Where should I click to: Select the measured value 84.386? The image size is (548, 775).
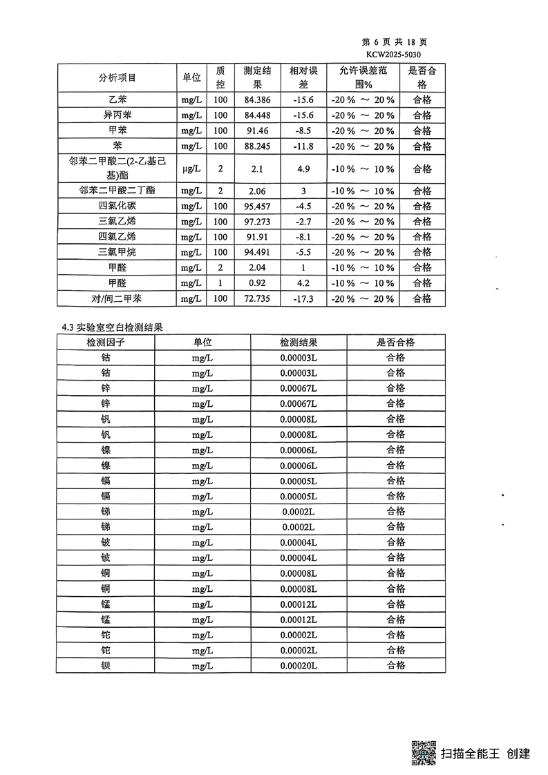click(257, 99)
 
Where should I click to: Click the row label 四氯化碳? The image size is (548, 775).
click(117, 206)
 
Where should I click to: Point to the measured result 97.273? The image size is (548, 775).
click(257, 221)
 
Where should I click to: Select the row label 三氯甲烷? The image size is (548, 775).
click(117, 252)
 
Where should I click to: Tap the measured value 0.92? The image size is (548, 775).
click(257, 283)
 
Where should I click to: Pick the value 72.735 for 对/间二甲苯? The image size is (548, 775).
click(257, 298)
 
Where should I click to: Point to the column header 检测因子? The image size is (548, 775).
click(105, 342)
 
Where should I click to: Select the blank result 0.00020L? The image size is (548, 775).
click(299, 665)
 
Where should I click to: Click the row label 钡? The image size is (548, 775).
click(105, 665)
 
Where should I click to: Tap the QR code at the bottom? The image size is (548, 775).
click(424, 752)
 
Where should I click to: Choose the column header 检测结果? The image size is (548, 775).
click(299, 342)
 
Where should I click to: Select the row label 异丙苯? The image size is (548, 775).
click(117, 115)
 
